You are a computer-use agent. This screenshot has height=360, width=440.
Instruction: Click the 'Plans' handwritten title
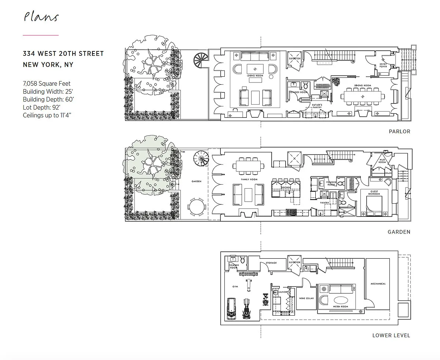point(41,17)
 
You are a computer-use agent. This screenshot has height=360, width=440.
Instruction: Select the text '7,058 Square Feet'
point(47,84)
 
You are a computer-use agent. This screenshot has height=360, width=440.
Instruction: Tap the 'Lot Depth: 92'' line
point(41,108)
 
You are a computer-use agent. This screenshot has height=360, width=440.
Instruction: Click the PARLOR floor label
point(399,131)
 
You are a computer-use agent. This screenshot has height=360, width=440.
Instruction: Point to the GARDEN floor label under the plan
point(399,232)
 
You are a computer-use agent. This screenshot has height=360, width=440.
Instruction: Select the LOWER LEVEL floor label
point(391,335)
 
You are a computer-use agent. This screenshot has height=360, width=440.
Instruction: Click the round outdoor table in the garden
point(197,208)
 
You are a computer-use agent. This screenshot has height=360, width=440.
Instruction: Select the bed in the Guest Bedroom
point(373,205)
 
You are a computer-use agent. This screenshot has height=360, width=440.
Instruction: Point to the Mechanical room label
point(378,284)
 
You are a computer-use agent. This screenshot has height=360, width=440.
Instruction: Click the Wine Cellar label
point(307,298)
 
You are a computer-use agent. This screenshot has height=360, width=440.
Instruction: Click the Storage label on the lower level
point(271,263)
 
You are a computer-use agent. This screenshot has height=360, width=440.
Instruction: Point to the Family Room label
point(249,179)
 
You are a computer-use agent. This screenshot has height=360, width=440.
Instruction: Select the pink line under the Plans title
point(41,35)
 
